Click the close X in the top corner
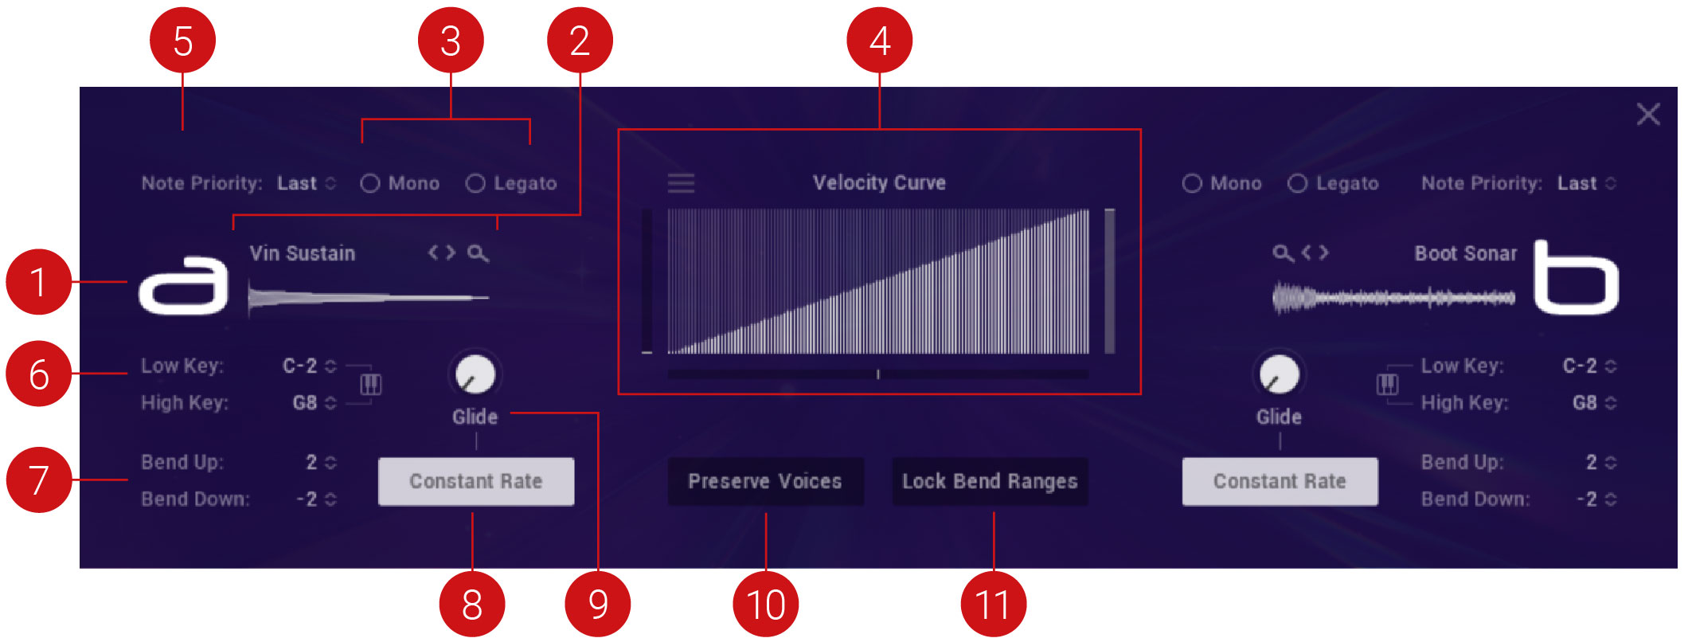click(x=1648, y=114)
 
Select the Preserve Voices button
click(x=765, y=481)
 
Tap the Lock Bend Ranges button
click(x=990, y=481)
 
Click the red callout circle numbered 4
click(x=880, y=41)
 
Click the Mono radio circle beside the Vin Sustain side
click(x=370, y=184)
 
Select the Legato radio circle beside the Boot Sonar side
click(x=1297, y=184)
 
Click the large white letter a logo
click(x=184, y=284)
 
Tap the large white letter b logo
click(x=1576, y=278)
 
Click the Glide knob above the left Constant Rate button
click(x=475, y=374)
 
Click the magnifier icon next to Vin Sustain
click(x=478, y=253)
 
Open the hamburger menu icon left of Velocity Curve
click(x=681, y=183)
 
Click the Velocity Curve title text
click(x=879, y=182)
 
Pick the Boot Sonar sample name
click(x=1465, y=253)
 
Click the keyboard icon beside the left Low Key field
click(x=371, y=385)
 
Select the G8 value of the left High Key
click(x=305, y=403)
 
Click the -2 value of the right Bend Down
click(x=1586, y=499)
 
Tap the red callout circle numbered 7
click(x=39, y=480)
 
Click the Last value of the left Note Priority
click(x=297, y=183)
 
